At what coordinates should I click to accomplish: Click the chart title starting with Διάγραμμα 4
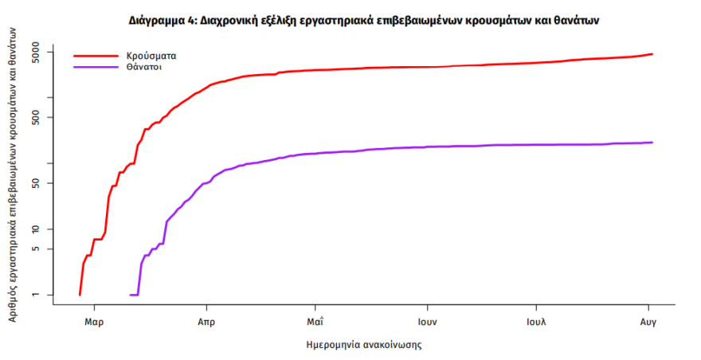tap(362, 20)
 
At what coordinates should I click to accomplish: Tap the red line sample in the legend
tap(94, 57)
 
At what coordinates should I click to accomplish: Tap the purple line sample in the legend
tap(94, 68)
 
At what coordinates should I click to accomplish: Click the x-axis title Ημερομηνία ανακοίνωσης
tap(363, 346)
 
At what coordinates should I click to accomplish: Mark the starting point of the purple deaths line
tap(131, 295)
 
